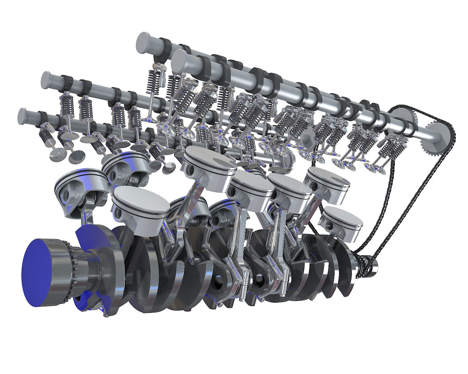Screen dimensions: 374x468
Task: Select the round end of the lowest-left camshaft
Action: coord(25,116)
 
